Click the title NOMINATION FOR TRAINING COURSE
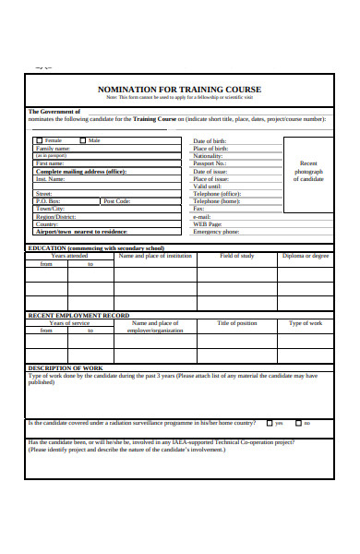179,90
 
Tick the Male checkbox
82,141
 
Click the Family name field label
53,149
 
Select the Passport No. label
210,163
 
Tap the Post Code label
116,200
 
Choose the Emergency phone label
215,232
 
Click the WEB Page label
207,223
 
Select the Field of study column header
236,255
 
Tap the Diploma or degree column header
305,255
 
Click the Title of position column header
236,323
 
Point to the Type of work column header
305,323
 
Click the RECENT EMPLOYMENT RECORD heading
78,316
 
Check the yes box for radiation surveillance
268,424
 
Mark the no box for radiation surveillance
297,424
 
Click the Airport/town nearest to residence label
81,232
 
